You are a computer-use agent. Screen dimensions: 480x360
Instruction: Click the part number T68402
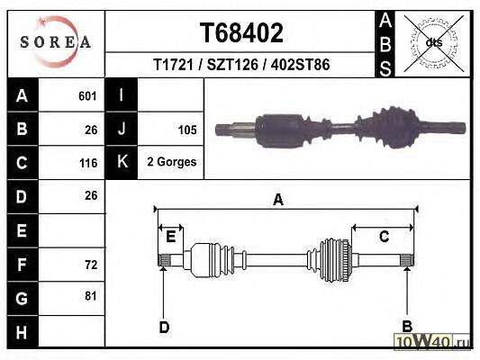click(x=241, y=32)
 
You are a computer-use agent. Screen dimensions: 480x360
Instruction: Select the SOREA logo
click(x=56, y=42)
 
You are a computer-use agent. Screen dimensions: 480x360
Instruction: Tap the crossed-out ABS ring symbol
click(x=434, y=43)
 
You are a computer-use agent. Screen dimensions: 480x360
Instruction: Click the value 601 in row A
click(x=87, y=96)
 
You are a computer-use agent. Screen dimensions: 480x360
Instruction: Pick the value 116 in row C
click(x=88, y=163)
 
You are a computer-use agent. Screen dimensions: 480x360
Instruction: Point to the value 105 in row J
click(x=187, y=130)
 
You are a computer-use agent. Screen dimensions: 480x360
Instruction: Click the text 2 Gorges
click(x=172, y=162)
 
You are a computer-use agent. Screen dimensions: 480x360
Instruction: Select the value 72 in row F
click(x=91, y=265)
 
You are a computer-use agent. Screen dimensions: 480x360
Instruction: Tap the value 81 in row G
click(x=91, y=296)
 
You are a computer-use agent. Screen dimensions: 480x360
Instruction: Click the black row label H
click(x=23, y=332)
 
